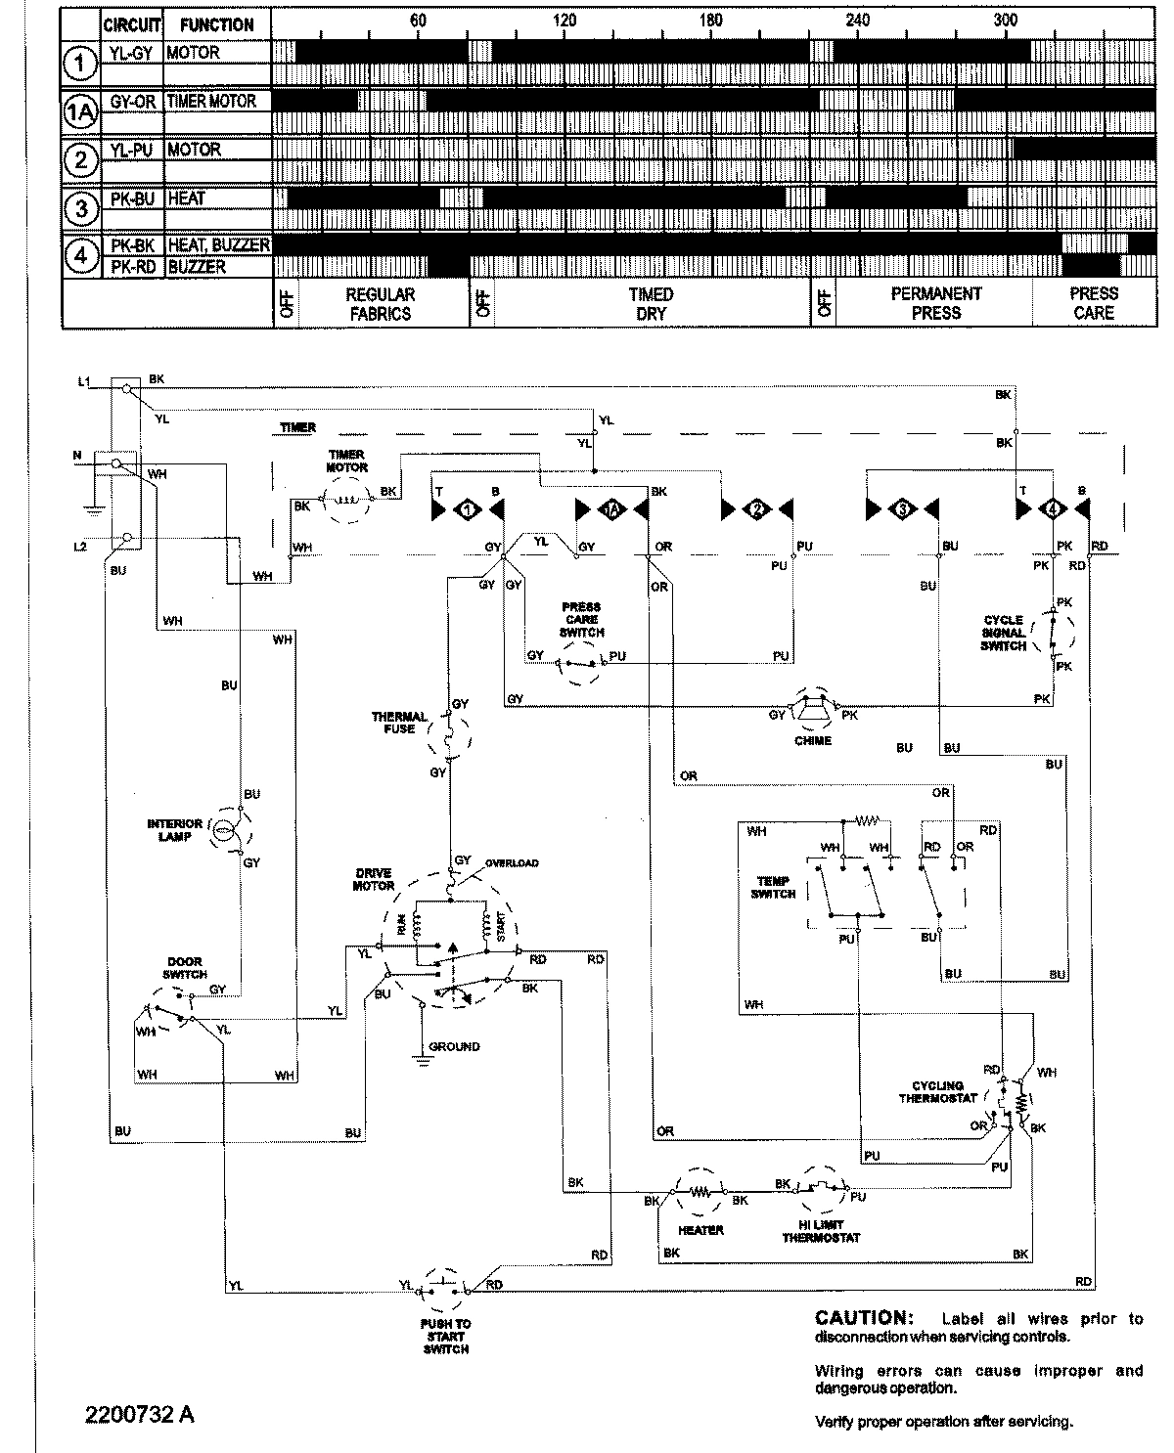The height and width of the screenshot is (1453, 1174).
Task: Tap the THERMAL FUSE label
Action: click(x=399, y=723)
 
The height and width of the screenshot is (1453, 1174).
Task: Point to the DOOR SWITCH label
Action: click(x=185, y=968)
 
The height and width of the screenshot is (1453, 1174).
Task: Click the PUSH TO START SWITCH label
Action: click(x=447, y=1336)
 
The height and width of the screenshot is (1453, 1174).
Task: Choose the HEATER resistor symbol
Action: click(x=700, y=1193)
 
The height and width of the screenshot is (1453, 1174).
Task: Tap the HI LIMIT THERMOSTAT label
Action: click(x=821, y=1231)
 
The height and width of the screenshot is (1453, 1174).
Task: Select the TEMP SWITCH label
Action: click(x=774, y=887)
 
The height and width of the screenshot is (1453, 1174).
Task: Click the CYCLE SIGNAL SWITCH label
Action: click(x=1004, y=633)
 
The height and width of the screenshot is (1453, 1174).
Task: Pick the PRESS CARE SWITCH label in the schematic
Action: click(x=581, y=620)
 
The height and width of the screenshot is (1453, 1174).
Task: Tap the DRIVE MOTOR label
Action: click(x=374, y=879)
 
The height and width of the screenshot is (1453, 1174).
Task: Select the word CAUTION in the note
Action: click(x=862, y=1318)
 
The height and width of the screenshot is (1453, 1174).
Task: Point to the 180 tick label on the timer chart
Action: click(x=711, y=21)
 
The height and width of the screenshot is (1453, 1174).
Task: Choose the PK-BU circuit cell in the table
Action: click(x=132, y=198)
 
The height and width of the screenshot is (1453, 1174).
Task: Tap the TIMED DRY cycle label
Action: click(x=652, y=304)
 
